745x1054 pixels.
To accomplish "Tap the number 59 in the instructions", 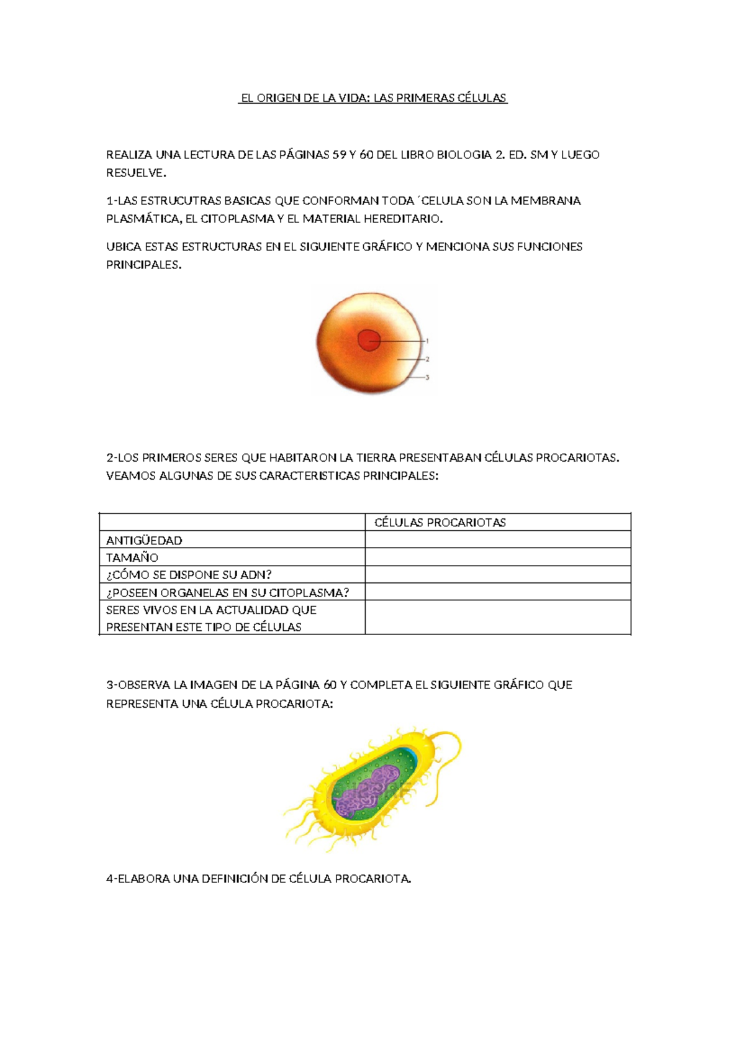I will (339, 155).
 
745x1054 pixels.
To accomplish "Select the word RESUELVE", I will (135, 173).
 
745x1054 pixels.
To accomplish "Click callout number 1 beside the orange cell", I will (427, 341).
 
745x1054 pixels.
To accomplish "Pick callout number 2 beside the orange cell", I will (427, 359).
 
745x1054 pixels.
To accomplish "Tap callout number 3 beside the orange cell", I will (427, 377).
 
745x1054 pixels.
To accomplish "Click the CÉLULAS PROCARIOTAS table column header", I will (440, 523).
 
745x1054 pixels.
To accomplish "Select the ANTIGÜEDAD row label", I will (144, 540).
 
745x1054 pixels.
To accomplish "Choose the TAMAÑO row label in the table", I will (132, 557).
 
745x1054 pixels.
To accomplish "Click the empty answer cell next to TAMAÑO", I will (497, 557).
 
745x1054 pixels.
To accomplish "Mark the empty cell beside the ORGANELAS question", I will (497, 592).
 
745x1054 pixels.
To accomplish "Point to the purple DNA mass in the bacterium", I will (366, 792).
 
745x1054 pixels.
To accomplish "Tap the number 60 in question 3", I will (330, 685).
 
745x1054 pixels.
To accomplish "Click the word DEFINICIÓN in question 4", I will (238, 879).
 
